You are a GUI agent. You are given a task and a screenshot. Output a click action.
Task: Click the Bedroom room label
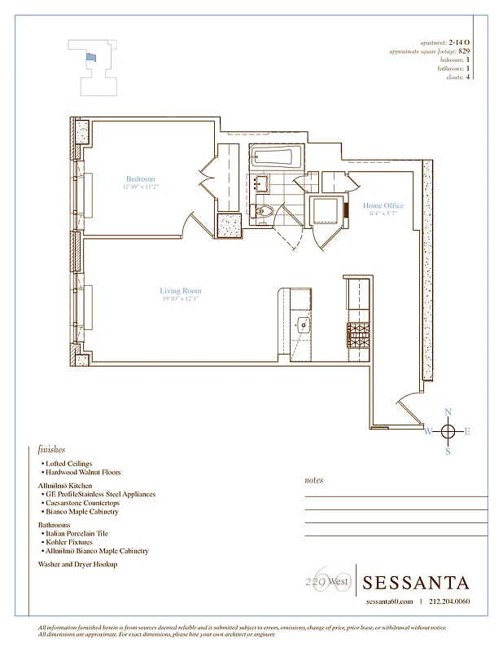140,179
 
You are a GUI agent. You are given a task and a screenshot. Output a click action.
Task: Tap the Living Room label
180,291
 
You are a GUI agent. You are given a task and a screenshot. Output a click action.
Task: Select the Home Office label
383,206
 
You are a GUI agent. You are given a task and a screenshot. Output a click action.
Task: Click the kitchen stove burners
359,332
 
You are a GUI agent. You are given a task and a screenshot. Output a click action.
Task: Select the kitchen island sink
304,324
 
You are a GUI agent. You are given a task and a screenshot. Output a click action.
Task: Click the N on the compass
448,412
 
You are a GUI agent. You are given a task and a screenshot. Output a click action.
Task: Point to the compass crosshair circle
448,431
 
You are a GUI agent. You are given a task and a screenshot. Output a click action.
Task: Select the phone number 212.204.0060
448,601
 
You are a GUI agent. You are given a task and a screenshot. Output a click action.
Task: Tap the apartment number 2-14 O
460,42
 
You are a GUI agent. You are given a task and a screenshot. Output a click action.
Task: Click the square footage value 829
464,51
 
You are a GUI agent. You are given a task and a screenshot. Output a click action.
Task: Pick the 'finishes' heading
51,449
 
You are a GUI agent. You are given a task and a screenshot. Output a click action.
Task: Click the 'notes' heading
313,480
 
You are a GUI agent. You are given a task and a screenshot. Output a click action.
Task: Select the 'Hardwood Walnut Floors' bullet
84,473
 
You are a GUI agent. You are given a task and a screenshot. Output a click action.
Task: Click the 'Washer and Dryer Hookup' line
77,564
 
